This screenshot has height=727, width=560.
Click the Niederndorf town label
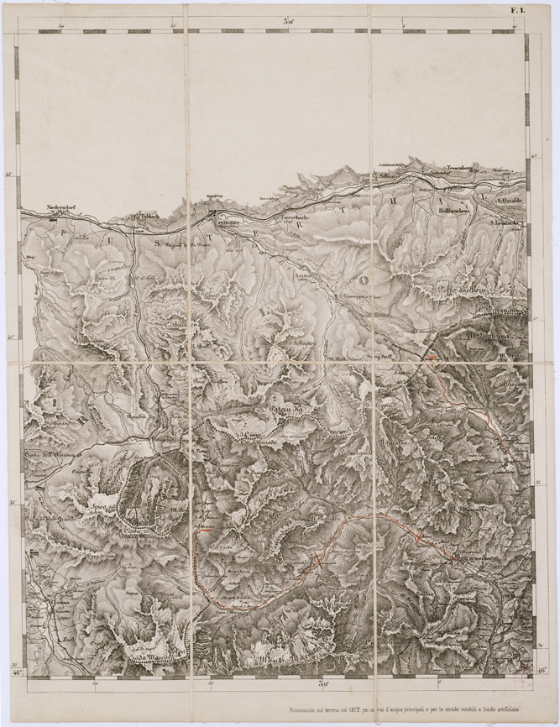(x=64, y=208)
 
